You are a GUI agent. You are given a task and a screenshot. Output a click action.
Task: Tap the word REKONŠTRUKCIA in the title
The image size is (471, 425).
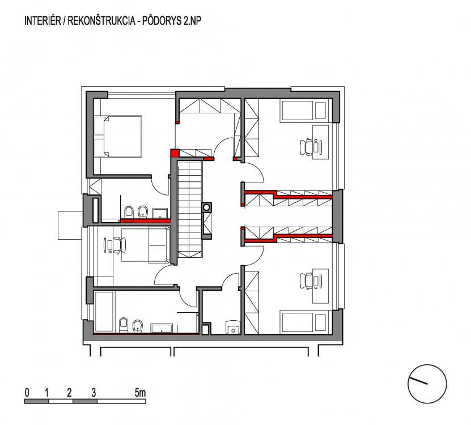click(101, 21)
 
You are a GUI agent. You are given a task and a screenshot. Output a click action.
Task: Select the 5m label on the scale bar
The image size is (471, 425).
click(140, 393)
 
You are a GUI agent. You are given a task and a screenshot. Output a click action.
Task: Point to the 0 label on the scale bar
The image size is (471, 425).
click(27, 393)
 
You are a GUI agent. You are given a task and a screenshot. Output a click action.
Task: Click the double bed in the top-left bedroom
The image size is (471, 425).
click(118, 137)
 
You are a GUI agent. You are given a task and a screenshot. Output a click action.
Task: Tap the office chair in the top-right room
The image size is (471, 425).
click(307, 147)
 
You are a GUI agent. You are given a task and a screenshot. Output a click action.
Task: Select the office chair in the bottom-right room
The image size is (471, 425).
click(307, 281)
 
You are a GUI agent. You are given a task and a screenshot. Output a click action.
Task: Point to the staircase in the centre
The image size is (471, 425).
click(190, 209)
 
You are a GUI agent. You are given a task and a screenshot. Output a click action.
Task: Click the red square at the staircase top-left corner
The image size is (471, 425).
click(174, 153)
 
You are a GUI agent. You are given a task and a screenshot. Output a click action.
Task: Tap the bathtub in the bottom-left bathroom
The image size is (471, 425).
click(104, 312)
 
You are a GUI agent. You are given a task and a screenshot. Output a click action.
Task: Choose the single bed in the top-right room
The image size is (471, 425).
click(304, 111)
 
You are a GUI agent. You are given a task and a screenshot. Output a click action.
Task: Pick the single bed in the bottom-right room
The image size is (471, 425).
click(304, 322)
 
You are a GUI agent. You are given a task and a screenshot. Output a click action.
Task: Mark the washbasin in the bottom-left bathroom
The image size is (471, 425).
click(162, 328)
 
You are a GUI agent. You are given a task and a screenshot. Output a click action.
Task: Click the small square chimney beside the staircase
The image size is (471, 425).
click(206, 207)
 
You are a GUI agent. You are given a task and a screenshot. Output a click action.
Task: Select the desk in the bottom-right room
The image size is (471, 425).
click(320, 286)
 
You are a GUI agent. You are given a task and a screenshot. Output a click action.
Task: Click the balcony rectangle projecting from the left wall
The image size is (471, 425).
click(70, 226)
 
